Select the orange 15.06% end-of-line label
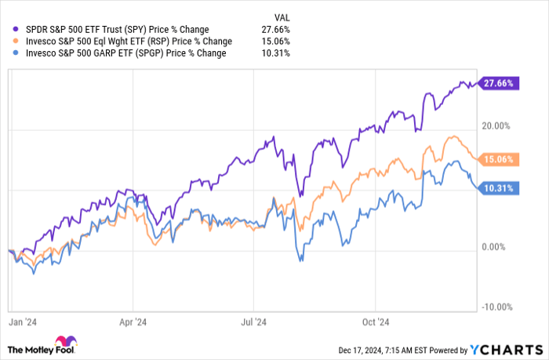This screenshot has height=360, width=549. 500,160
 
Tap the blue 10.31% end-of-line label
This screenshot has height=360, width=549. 500,188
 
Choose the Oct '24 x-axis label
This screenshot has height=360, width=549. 375,322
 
